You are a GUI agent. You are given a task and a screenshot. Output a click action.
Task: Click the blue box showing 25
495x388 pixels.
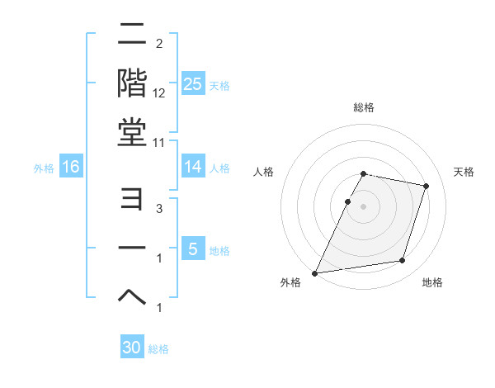(x=193, y=84)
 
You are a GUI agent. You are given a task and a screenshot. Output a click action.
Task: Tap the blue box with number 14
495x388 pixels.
(x=193, y=167)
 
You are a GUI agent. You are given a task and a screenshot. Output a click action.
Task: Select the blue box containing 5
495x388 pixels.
(x=193, y=249)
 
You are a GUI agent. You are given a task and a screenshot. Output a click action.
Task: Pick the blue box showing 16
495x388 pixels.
(x=71, y=167)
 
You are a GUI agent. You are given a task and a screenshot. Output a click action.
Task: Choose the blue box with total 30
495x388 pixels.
(x=132, y=348)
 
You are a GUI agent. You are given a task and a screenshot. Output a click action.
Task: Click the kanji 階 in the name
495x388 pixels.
(x=133, y=83)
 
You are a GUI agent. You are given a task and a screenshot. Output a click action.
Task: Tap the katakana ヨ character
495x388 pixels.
(x=133, y=202)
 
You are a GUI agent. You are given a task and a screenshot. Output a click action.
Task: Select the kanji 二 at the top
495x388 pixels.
(x=133, y=35)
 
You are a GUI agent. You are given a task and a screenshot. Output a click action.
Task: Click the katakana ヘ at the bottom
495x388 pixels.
(x=133, y=298)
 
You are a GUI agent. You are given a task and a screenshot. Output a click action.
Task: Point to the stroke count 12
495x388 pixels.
(x=159, y=93)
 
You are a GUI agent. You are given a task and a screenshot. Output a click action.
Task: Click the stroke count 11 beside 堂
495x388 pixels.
(x=159, y=142)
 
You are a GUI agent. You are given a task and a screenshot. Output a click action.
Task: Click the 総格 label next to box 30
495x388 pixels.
(x=158, y=349)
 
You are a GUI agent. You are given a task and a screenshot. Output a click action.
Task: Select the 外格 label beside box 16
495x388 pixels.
(x=44, y=168)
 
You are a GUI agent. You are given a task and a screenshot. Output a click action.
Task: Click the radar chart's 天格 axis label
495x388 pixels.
(x=464, y=172)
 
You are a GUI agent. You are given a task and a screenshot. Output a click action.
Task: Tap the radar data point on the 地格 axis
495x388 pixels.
(x=403, y=261)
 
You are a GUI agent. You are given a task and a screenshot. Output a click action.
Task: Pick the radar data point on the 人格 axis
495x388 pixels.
(x=348, y=201)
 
